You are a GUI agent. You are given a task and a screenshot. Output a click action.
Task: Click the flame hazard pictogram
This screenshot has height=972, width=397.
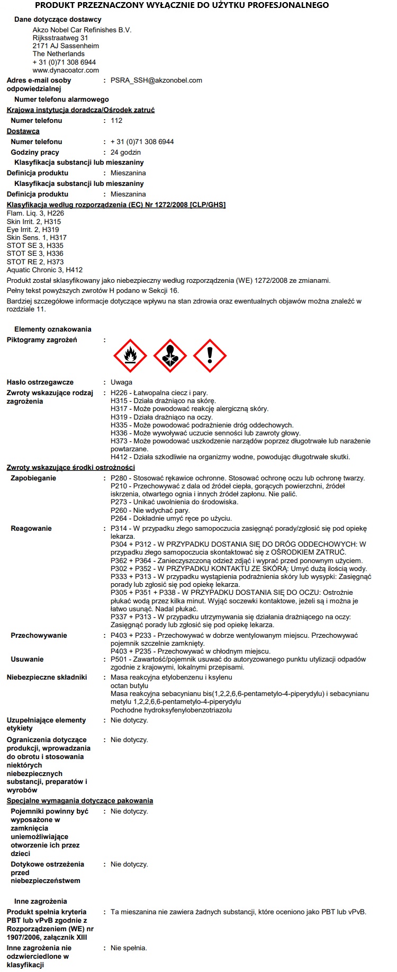click(x=130, y=356)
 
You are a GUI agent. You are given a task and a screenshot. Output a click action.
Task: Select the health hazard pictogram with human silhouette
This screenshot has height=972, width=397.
click(x=170, y=356)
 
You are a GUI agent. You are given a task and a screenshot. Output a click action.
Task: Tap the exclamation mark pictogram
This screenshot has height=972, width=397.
click(x=210, y=356)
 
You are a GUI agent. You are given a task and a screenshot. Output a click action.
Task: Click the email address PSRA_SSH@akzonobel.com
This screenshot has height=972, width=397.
click(x=156, y=81)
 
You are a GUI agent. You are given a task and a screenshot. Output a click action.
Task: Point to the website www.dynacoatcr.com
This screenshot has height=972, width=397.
click(x=66, y=70)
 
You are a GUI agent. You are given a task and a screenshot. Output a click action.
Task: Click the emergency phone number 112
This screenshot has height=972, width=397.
click(x=116, y=121)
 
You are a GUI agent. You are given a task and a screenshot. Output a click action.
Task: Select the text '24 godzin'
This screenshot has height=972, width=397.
click(x=125, y=153)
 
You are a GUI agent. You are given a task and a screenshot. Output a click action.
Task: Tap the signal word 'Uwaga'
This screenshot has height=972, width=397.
click(x=121, y=382)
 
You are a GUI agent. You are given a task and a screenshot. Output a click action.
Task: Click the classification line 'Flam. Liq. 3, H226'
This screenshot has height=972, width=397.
click(x=35, y=213)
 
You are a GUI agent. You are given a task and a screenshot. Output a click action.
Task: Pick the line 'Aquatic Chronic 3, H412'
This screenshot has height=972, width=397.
click(x=44, y=270)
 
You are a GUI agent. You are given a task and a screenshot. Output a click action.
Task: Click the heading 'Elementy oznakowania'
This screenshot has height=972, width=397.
click(x=53, y=329)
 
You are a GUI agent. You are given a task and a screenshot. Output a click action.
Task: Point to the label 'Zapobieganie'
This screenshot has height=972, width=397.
click(x=33, y=478)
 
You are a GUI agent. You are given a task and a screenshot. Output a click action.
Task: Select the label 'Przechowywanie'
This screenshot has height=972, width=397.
click(x=39, y=636)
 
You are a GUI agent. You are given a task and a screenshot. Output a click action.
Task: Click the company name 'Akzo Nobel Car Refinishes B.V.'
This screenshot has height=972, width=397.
click(x=82, y=30)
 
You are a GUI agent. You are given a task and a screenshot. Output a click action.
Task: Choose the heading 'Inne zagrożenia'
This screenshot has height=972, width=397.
click(x=41, y=901)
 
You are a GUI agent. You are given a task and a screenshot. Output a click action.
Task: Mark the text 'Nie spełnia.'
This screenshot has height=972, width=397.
click(x=129, y=948)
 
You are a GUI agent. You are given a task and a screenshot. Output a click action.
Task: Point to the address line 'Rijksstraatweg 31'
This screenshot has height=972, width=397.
click(x=60, y=38)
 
